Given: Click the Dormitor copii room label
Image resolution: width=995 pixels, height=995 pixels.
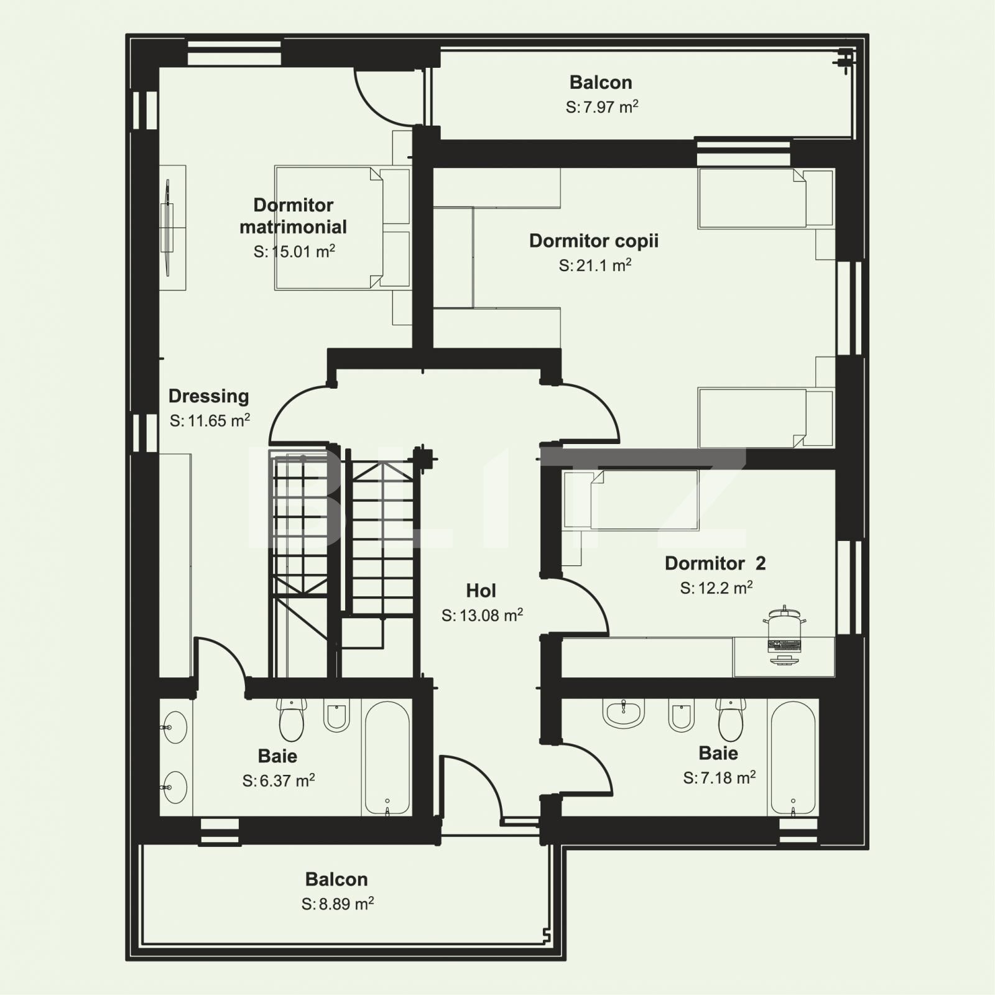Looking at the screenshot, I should pyautogui.click(x=593, y=241).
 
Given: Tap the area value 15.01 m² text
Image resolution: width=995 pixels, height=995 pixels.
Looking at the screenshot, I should pyautogui.click(x=294, y=251).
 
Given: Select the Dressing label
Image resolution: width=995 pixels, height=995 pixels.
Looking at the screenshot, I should pyautogui.click(x=208, y=396).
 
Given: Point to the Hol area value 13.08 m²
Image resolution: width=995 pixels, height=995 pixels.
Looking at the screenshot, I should pyautogui.click(x=482, y=615).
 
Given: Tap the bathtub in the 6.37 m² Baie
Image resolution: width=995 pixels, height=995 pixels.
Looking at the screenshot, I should pyautogui.click(x=387, y=757).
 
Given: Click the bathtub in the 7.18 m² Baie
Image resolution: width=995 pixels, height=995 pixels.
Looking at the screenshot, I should pyautogui.click(x=793, y=757).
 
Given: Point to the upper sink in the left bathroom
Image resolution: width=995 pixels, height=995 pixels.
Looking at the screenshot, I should pyautogui.click(x=175, y=727).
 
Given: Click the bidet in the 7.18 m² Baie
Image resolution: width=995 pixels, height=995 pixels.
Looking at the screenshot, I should pyautogui.click(x=681, y=716).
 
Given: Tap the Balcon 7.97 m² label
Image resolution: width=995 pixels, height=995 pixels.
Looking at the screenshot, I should pyautogui.click(x=601, y=82).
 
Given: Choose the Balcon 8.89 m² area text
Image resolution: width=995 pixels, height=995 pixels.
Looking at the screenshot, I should pyautogui.click(x=338, y=904).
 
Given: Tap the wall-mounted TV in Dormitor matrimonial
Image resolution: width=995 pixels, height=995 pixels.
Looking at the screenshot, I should pyautogui.click(x=168, y=227).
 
